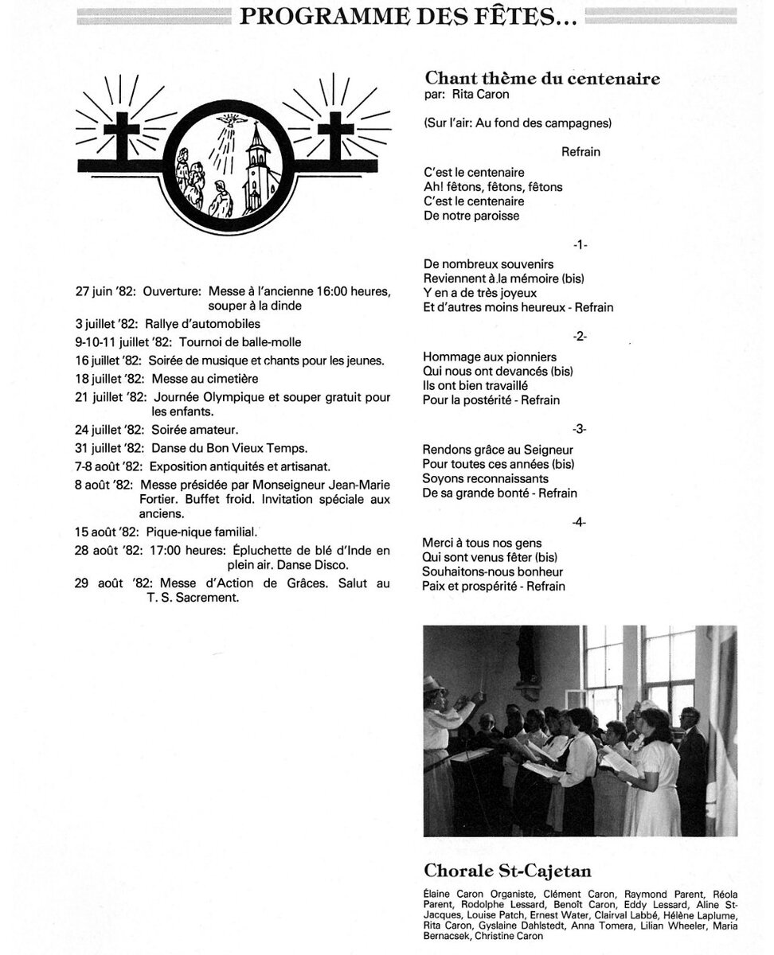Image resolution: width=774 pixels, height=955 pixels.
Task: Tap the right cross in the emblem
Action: [335, 135]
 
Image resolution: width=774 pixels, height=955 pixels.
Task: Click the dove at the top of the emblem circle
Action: [232, 121]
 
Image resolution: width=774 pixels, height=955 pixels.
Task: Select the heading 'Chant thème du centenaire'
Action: [542, 78]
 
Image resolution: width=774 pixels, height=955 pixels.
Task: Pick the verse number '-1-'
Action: [579, 244]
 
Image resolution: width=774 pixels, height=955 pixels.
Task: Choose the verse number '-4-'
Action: [579, 522]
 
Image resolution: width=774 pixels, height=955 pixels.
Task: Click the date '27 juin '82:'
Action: [106, 291]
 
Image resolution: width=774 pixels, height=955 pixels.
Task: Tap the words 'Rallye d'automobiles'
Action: [202, 324]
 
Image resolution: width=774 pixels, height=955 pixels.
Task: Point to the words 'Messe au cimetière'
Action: [205, 379]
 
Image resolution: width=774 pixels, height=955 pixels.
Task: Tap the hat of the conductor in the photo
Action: [434, 683]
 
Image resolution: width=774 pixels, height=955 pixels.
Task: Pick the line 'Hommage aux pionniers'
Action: [490, 357]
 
